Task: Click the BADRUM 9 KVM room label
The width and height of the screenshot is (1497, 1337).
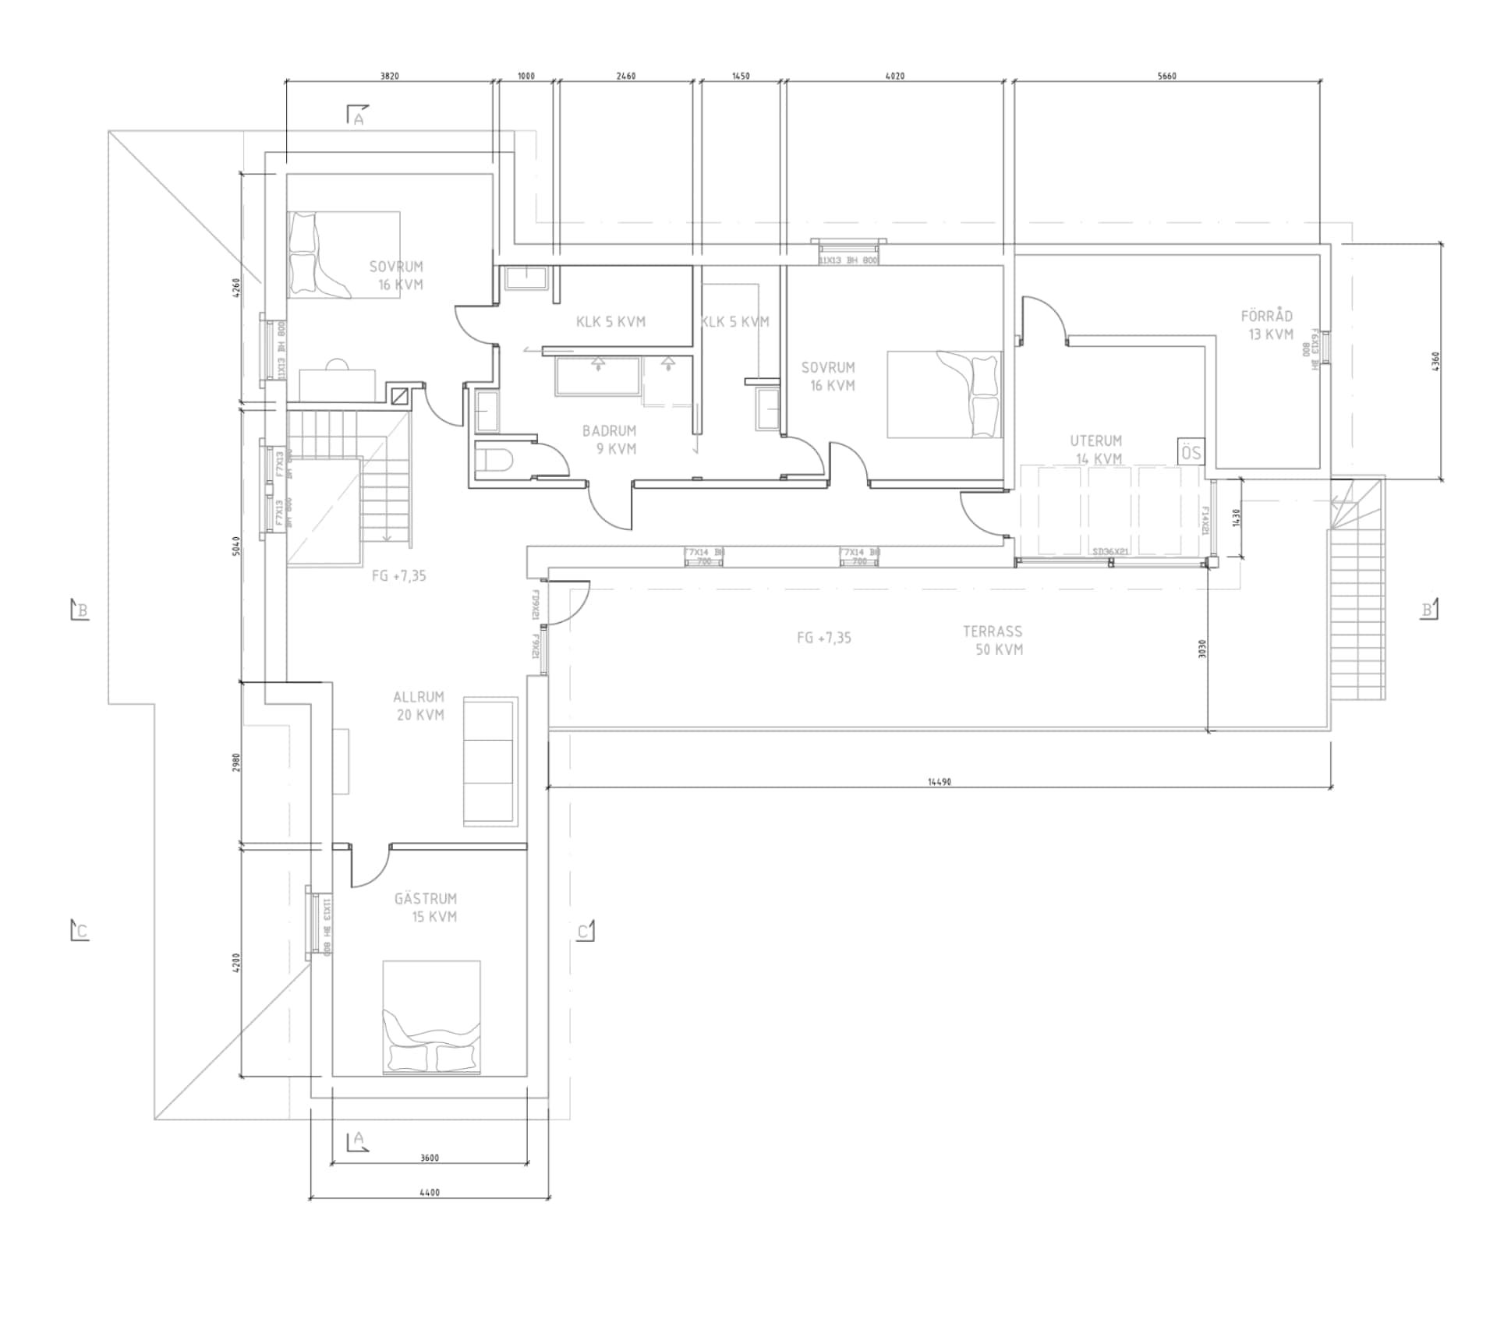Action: (x=610, y=440)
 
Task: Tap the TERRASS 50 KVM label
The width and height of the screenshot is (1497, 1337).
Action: (x=993, y=640)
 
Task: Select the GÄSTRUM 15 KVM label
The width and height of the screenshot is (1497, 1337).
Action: (x=426, y=907)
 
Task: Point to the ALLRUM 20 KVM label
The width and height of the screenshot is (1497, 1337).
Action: (x=419, y=706)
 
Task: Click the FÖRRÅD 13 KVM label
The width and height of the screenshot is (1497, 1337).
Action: (x=1267, y=325)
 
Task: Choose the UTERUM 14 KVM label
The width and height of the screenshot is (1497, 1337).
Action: (x=1096, y=450)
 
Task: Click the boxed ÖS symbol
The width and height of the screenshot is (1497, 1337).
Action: (x=1191, y=453)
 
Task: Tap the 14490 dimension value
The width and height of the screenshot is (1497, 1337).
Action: (x=939, y=782)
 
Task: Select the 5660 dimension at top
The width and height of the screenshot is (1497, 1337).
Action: (x=1166, y=76)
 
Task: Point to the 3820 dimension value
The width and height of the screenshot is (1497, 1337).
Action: (x=389, y=76)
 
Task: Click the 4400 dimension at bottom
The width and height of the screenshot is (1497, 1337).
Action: (x=429, y=1192)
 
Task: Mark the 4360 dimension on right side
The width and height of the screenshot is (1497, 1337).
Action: (x=1435, y=362)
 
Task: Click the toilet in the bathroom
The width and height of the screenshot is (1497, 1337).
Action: (x=494, y=460)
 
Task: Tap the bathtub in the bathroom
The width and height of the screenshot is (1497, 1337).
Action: (x=597, y=377)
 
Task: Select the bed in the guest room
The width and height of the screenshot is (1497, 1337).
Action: (x=431, y=1017)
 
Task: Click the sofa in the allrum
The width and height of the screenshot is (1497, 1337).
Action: (x=490, y=761)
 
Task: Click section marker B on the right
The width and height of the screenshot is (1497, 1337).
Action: (x=1428, y=609)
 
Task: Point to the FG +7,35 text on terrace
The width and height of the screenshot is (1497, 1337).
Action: (x=824, y=638)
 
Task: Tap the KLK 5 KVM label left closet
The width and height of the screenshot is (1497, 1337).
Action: (x=610, y=321)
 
